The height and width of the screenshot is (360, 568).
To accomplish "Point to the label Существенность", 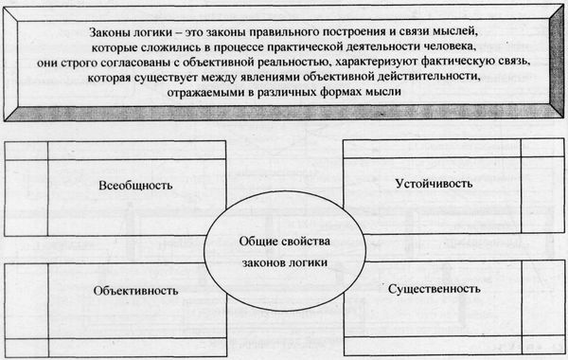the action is pos(435,286).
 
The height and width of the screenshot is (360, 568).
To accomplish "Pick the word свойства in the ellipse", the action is pos(302,244).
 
